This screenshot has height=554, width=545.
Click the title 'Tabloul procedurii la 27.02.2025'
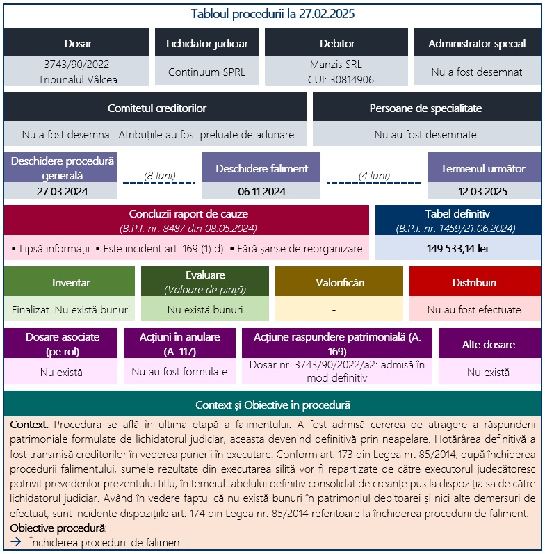pos(272,14)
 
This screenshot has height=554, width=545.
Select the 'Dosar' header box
pos(77,43)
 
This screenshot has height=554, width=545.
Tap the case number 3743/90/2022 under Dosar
pos(77,65)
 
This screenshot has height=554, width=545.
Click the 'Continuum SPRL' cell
pos(206,72)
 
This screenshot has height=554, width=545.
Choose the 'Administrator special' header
pos(477,43)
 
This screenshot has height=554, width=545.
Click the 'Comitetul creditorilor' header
pos(156,108)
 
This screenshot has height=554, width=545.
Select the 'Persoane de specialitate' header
pos(425,108)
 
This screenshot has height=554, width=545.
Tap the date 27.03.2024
pos(63,191)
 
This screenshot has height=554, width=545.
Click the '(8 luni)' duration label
pos(159,175)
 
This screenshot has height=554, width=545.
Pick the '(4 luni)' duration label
pos(374,175)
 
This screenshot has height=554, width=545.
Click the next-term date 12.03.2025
pos(484,191)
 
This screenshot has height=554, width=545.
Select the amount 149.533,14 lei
pos(458,247)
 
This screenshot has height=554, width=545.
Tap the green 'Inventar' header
pos(70,283)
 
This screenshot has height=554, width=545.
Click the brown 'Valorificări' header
pos(339,283)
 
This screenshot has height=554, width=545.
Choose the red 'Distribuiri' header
pos(474,283)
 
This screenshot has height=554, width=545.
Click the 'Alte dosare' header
pos(488,344)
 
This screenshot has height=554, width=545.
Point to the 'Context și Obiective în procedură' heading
pos(272,405)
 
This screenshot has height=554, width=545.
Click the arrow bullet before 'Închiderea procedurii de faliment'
pos(16,542)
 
